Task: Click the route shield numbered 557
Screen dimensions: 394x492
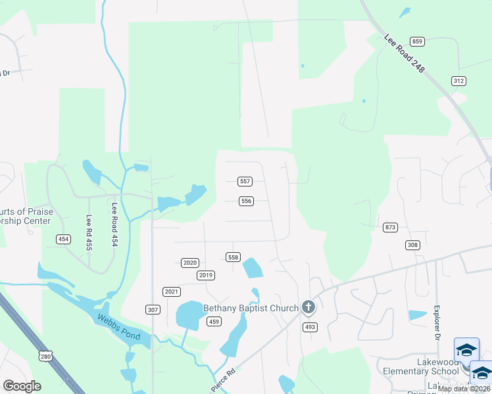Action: [245, 181]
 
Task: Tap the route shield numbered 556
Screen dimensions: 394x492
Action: [246, 201]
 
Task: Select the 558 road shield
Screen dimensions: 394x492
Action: [233, 257]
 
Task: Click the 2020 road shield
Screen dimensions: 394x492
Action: [189, 263]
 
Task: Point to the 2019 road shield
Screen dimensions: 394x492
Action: [206, 275]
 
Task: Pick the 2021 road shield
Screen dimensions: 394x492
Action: [171, 291]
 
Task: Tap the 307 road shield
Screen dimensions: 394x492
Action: [153, 309]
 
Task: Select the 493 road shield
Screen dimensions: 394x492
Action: [310, 326]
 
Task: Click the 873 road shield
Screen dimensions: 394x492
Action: [390, 227]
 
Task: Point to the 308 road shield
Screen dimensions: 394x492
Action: [412, 245]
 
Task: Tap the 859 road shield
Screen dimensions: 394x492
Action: [418, 41]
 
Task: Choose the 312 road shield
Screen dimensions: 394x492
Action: [458, 80]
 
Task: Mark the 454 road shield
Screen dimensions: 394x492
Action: [63, 239]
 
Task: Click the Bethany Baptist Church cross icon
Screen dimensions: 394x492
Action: [308, 307]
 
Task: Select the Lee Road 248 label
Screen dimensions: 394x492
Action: [405, 53]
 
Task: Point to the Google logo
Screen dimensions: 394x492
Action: [22, 386]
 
